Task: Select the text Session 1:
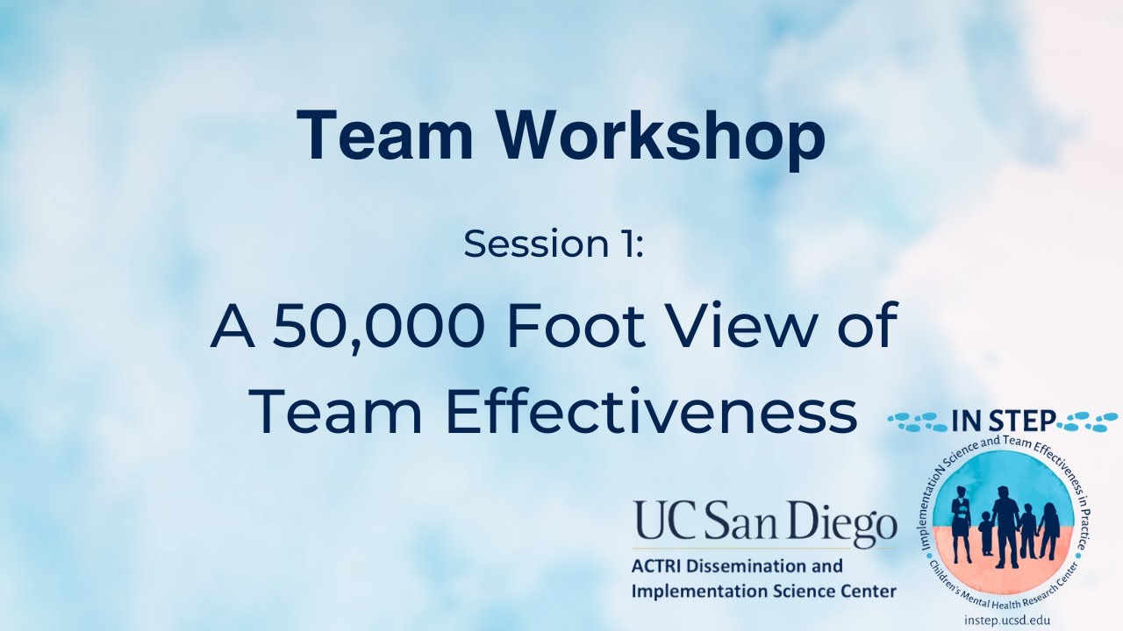pos(554,245)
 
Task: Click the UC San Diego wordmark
pos(764,525)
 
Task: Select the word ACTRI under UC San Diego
pos(658,566)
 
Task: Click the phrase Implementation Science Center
pos(763,592)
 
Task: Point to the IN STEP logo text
pos(1003,422)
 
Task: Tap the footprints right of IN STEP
pos(1087,421)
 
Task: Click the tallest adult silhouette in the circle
pos(1005,526)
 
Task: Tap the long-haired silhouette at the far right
pos(1048,532)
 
